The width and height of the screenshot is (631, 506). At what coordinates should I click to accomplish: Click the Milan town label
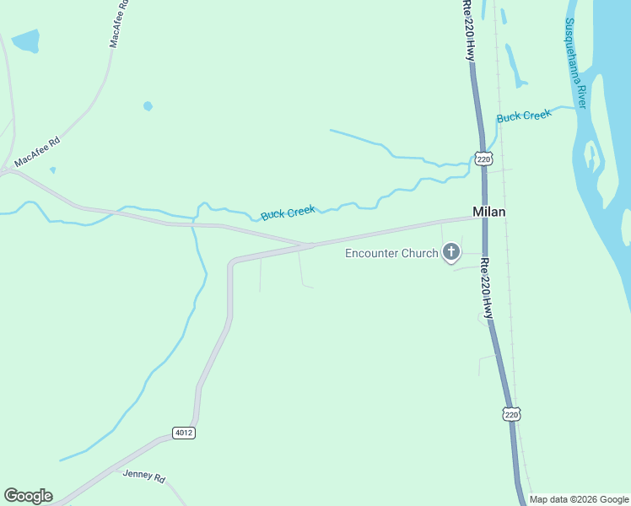[x=488, y=212]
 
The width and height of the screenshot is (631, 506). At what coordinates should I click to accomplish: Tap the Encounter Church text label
[x=391, y=253]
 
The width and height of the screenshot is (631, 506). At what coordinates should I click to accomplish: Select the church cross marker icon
[x=451, y=252]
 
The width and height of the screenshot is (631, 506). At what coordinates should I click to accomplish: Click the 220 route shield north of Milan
[x=483, y=159]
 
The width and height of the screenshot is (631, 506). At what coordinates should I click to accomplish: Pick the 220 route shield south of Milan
[x=511, y=414]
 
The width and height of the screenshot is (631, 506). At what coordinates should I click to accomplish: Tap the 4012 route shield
[x=183, y=433]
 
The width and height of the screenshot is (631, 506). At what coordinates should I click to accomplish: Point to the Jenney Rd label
[x=144, y=476]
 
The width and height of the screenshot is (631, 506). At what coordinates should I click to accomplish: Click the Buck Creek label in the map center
[x=287, y=213]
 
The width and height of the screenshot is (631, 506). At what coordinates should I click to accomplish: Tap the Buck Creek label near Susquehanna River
[x=523, y=116]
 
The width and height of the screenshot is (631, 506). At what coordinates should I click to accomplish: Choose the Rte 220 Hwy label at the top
[x=468, y=30]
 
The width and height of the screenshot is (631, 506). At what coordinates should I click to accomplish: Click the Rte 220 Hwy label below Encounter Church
[x=487, y=287]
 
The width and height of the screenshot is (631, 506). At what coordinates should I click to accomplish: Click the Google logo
[x=28, y=496]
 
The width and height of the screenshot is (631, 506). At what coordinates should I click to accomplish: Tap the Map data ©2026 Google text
[x=580, y=499]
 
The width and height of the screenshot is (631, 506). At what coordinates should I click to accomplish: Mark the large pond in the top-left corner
[x=25, y=40]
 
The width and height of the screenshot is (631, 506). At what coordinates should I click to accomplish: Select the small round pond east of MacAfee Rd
[x=148, y=106]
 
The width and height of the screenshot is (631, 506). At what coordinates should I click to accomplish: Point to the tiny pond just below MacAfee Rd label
[x=52, y=170]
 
